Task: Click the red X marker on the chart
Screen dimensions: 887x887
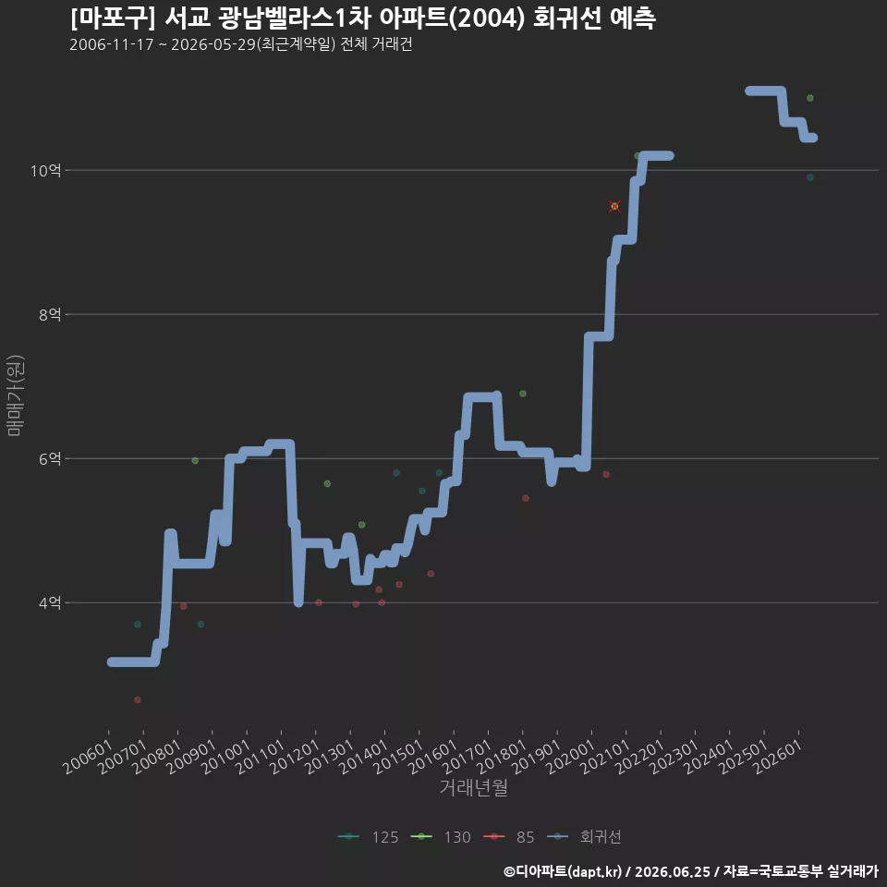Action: (x=614, y=206)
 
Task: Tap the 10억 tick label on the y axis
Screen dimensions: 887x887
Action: (x=46, y=170)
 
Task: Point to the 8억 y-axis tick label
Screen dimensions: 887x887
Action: (x=50, y=314)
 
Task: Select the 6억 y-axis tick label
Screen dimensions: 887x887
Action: (x=50, y=459)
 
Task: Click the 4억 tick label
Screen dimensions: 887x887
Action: (x=50, y=603)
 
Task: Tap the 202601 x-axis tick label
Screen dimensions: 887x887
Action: (x=778, y=757)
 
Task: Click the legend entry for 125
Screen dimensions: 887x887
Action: (x=369, y=837)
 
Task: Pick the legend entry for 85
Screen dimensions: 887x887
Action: (x=509, y=837)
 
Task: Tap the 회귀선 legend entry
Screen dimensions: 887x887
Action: (x=584, y=837)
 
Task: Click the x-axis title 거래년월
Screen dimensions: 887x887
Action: (x=473, y=787)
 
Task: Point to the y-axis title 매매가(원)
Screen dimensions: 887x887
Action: (x=15, y=395)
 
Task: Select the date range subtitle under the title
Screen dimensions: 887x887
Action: (x=241, y=44)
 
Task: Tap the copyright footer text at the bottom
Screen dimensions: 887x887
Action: (x=691, y=871)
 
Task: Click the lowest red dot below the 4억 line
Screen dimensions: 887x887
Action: (x=138, y=699)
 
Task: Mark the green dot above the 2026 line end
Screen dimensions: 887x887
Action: (x=810, y=98)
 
